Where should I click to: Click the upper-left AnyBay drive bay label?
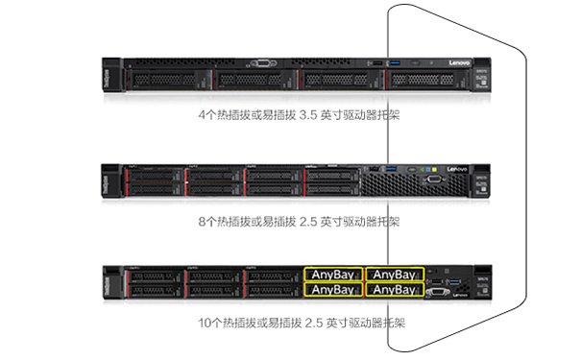[333, 273]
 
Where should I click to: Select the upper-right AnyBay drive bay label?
[391, 273]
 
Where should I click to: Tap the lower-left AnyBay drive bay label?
[333, 289]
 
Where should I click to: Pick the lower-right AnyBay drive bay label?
[391, 289]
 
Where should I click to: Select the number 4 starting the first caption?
[202, 114]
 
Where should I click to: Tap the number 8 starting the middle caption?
[202, 222]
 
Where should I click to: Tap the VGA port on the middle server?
[434, 180]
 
